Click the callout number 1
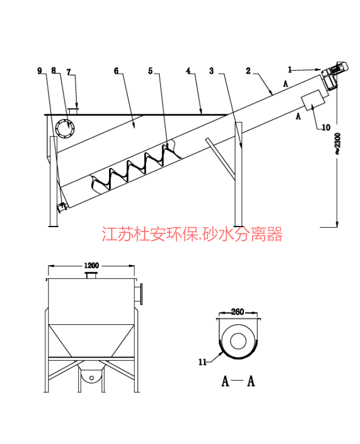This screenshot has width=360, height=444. tap(290, 69)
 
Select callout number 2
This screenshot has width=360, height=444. tap(248, 70)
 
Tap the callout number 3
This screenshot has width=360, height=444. tap(212, 70)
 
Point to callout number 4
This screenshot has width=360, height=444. tap(188, 70)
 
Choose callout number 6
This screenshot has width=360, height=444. tap(116, 70)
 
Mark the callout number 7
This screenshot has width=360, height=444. tap(68, 71)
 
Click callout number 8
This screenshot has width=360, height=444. tap(54, 70)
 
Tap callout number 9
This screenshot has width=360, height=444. tap(40, 70)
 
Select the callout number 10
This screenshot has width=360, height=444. tap(326, 127)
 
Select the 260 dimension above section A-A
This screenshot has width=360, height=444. tap(237, 311)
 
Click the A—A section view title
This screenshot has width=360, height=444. tap(238, 381)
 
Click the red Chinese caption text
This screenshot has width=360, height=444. tap(192, 234)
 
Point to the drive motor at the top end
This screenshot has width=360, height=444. tap(333, 75)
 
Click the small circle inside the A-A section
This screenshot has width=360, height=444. tap(237, 340)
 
